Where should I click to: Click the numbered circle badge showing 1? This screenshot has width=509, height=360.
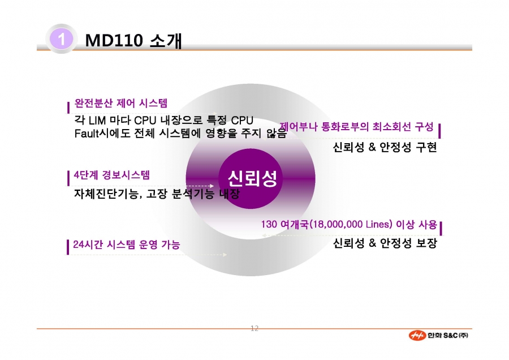tap(61, 39)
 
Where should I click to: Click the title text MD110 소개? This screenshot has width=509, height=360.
tap(133, 41)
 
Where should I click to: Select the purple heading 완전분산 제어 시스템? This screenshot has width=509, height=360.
tap(121, 104)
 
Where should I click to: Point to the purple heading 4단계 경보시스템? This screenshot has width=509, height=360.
tap(111, 175)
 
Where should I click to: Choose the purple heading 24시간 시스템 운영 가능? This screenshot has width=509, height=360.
tap(126, 245)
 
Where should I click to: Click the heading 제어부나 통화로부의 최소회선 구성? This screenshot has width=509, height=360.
tap(356, 126)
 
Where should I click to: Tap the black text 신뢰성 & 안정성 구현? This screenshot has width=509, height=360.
tap(385, 147)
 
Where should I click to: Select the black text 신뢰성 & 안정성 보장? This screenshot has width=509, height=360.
tap(385, 243)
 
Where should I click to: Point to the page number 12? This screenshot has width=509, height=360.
tap(255, 328)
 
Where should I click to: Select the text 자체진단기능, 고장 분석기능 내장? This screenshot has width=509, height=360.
tap(157, 194)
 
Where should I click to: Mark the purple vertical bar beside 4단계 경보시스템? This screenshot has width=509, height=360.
tap(68, 178)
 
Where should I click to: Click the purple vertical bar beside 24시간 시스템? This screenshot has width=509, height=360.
tap(68, 247)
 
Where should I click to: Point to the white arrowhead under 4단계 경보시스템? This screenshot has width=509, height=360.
tap(212, 186)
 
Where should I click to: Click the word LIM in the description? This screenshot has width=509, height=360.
tap(97, 120)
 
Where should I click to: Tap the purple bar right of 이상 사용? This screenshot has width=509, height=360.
tap(441, 228)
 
